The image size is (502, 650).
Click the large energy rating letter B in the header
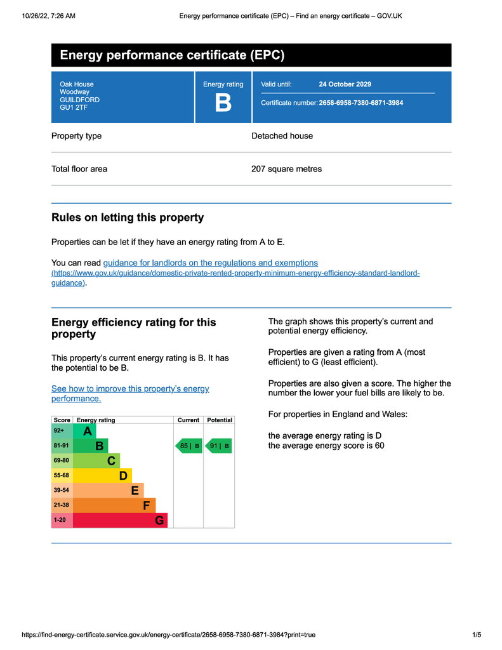[223, 103]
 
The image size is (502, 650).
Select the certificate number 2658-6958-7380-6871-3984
[360, 103]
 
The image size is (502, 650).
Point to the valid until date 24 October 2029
[345, 84]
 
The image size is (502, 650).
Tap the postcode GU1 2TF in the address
[74, 108]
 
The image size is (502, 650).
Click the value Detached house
[282, 136]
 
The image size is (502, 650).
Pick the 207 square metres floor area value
[286, 169]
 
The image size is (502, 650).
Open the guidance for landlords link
[210, 263]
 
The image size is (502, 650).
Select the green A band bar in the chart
[84, 432]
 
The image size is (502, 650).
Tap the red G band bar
[121, 521]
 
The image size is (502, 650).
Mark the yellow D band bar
[103, 475]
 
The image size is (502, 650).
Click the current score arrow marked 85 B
[188, 446]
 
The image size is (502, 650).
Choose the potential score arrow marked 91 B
[219, 446]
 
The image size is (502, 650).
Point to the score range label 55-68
[62, 475]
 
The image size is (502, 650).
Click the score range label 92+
[59, 431]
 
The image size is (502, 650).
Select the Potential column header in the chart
[220, 420]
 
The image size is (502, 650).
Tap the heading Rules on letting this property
[128, 218]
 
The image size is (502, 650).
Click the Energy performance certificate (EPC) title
[172, 55]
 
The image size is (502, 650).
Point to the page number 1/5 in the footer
[477, 635]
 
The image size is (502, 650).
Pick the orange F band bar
[114, 505]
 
